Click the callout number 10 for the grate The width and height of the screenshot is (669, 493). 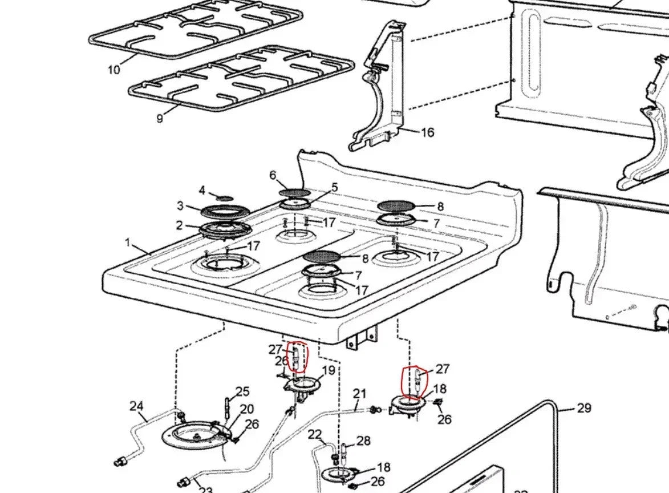[113, 70]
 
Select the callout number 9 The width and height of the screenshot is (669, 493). [160, 118]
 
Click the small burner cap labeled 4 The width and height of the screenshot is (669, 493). [225, 197]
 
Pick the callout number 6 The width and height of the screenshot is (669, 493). [273, 175]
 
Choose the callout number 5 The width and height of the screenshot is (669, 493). [334, 187]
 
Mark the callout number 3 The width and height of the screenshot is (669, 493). [180, 206]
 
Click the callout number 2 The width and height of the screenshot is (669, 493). [180, 225]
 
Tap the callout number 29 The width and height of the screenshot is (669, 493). [583, 408]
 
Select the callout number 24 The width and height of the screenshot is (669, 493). [136, 406]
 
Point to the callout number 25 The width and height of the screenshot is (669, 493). [242, 391]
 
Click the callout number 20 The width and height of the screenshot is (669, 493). [246, 409]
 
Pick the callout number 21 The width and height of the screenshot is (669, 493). [359, 393]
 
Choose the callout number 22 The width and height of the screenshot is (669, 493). [315, 435]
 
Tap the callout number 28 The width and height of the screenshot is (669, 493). [363, 441]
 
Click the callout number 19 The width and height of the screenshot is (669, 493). [328, 371]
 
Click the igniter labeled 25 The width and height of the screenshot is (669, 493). [228, 406]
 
